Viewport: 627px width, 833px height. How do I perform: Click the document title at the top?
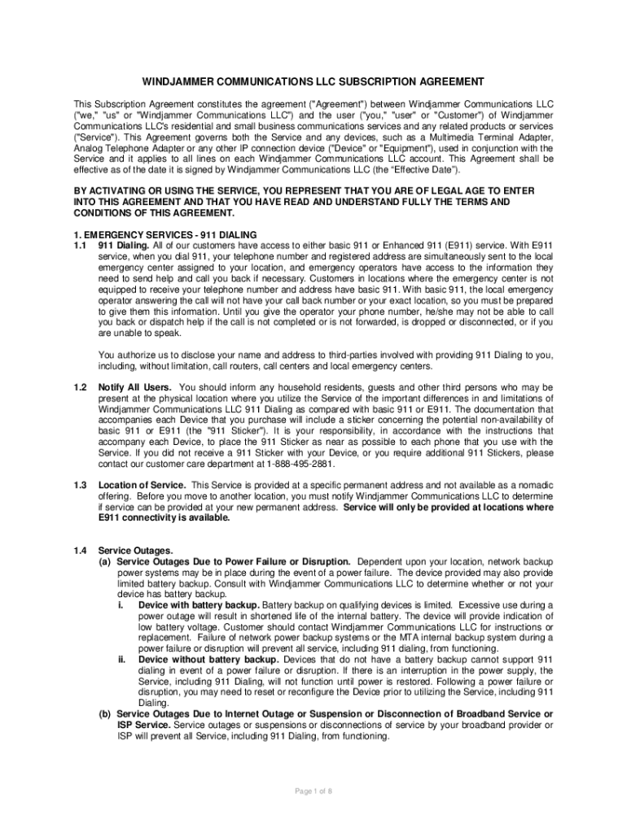[x=313, y=81]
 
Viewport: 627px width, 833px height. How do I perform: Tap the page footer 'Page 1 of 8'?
[x=313, y=791]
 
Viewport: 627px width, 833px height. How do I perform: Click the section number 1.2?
[x=80, y=387]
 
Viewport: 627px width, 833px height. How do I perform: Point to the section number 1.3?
[x=80, y=485]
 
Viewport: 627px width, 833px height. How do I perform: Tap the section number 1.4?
[x=80, y=551]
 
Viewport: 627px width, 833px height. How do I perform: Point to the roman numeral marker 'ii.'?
[x=121, y=660]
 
